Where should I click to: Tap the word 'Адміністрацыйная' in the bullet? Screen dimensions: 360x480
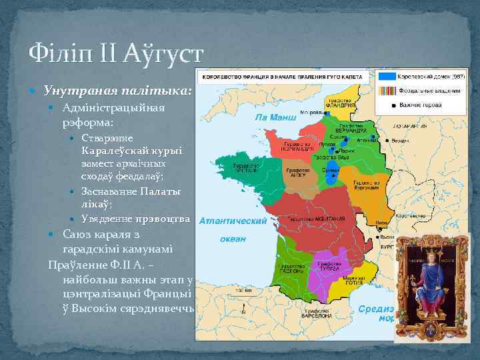coord(113,108)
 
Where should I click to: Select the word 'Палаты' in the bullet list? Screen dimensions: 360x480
coord(162,191)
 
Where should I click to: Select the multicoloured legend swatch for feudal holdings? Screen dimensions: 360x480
coord(386,90)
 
